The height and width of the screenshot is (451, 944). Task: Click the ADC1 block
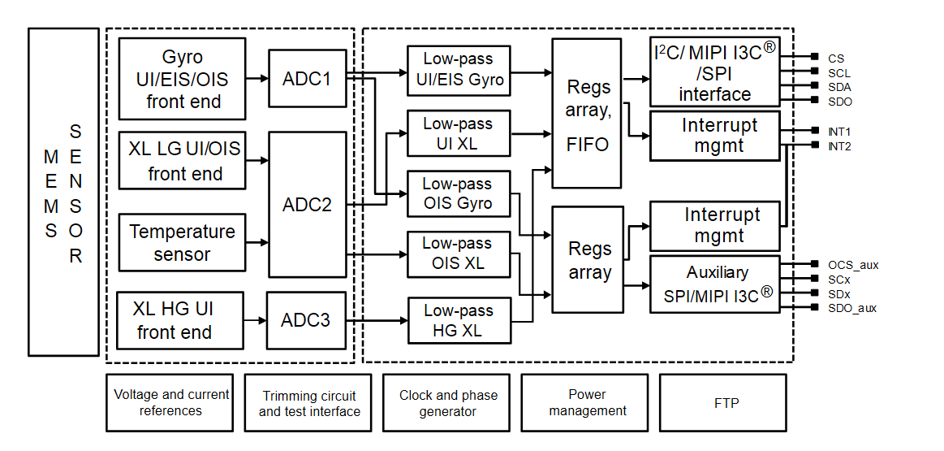click(x=307, y=78)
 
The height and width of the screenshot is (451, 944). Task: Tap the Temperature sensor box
click(x=182, y=242)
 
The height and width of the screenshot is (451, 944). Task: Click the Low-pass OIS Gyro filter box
click(x=458, y=193)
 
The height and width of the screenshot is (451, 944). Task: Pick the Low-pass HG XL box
click(x=458, y=320)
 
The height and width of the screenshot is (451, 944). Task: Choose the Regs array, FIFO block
click(x=588, y=113)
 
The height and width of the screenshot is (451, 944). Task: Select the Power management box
click(x=587, y=402)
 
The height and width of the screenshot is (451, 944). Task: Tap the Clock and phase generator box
click(x=448, y=402)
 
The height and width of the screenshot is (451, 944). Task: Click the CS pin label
click(x=836, y=59)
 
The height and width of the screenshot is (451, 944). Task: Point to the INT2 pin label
click(x=839, y=147)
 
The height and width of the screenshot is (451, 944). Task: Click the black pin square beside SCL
click(x=815, y=72)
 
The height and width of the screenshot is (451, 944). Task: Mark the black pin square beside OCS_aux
click(x=815, y=264)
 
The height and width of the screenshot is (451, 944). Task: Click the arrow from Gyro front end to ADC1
click(x=256, y=78)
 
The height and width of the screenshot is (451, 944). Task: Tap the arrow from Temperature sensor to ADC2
click(x=256, y=242)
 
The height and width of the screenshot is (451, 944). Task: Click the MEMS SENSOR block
click(x=63, y=192)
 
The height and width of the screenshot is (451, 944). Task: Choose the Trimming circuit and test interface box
click(x=308, y=402)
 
